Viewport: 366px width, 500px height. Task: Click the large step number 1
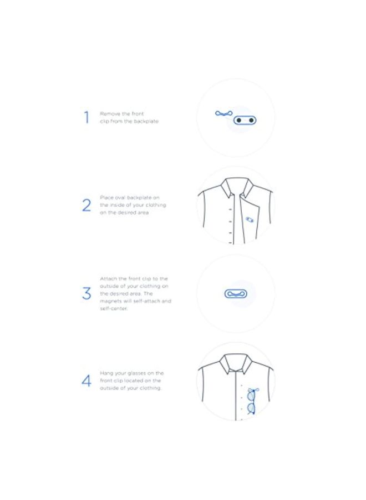[87, 117]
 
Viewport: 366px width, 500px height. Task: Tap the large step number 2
[87, 205]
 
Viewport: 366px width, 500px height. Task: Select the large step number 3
[87, 293]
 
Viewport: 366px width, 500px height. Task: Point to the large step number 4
[87, 381]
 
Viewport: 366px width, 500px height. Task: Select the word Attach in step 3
[108, 278]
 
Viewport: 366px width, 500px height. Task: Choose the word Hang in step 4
[105, 373]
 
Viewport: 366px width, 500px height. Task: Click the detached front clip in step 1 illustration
[223, 114]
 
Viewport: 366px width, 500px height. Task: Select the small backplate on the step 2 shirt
[250, 220]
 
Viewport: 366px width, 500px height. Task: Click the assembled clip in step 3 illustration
[236, 293]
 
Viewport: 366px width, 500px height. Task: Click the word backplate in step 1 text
[146, 121]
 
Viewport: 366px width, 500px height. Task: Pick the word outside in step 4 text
[111, 388]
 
